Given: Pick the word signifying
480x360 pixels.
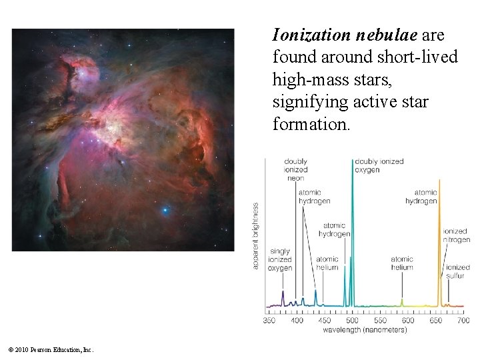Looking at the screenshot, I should click(307, 103).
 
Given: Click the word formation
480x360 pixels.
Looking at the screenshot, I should click(309, 125).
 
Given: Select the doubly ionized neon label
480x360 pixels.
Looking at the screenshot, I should click(295, 170).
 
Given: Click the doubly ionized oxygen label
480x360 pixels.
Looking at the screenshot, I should click(379, 165).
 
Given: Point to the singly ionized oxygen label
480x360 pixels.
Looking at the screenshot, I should click(280, 260).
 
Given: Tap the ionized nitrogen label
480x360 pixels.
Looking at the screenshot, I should click(456, 235).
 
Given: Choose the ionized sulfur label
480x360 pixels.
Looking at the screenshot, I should click(457, 271).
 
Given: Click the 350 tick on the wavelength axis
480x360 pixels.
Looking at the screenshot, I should click(269, 321).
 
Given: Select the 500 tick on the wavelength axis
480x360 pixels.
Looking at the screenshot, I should click(352, 321).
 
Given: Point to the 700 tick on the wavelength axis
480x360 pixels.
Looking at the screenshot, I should click(463, 321).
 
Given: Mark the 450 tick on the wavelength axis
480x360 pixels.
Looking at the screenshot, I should click(325, 321).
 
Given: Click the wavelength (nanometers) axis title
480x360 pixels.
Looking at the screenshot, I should click(366, 329).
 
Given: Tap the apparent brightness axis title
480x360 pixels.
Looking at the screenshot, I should click(256, 236).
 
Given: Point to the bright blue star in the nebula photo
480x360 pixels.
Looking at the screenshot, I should click(165, 211).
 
